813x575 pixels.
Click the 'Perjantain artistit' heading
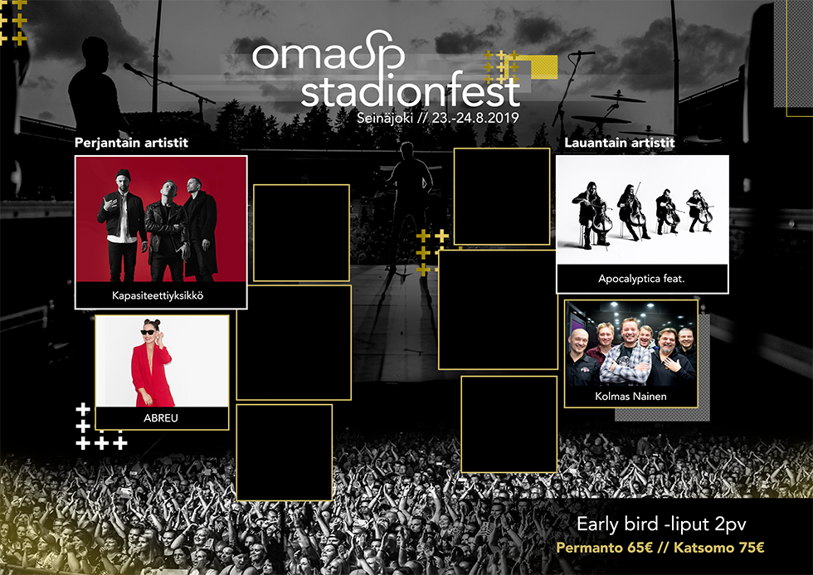131,143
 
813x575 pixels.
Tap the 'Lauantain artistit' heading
620,143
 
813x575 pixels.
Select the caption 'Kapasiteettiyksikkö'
158,295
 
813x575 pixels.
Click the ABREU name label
161,418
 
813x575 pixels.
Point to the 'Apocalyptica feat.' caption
641,279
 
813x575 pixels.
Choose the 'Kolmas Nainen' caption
630,396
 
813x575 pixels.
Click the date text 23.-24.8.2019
475,118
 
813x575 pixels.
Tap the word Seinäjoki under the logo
385,118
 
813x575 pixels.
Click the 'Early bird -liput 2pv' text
662,524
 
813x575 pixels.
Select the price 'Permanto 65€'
604,548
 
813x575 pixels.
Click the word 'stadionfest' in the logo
410,91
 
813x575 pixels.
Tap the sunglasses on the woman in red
148,332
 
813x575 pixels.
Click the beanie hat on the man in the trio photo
123,175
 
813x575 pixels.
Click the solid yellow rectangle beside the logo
544,67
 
